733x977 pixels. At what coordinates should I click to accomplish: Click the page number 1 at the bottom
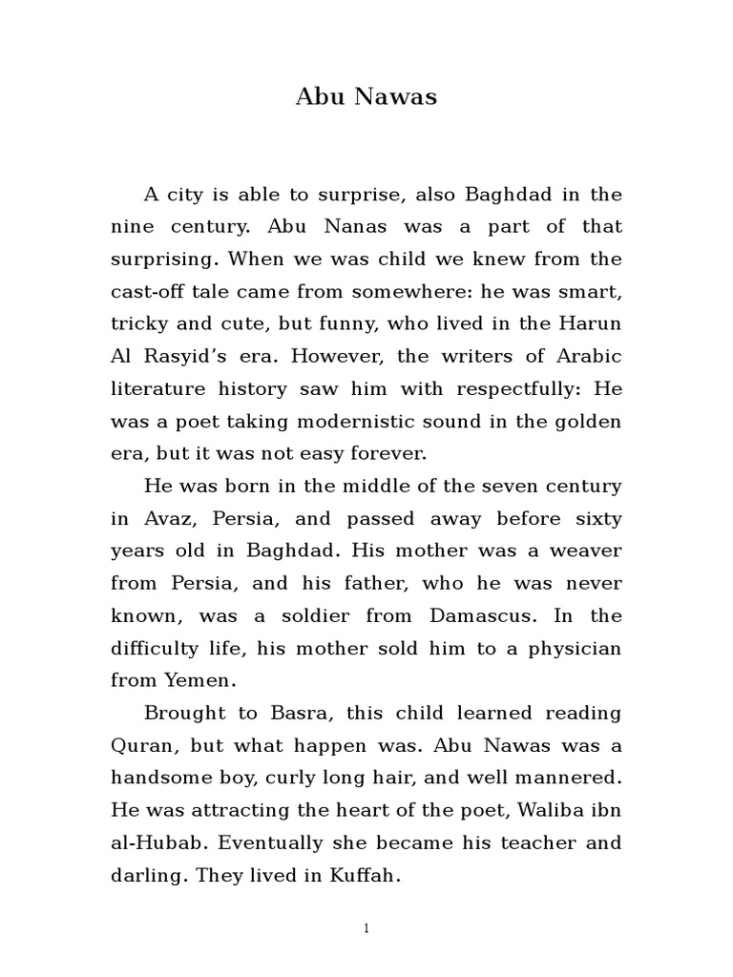[366, 929]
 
